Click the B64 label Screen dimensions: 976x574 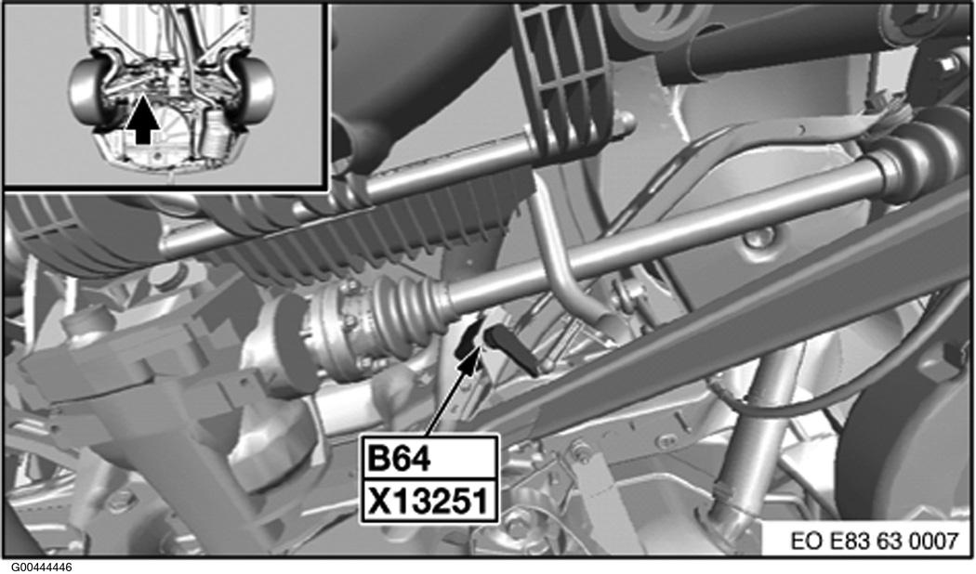coord(400,459)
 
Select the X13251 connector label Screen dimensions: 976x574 coord(428,501)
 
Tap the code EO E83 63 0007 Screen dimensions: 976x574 coord(875,541)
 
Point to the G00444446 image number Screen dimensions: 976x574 coord(37,567)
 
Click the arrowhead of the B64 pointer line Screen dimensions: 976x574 coord(470,359)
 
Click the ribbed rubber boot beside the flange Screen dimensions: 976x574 coord(408,307)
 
